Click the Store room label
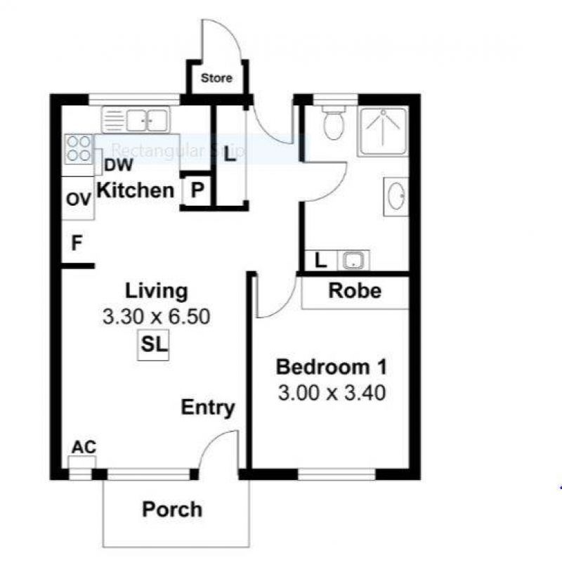[x=216, y=78]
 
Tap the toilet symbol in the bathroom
[x=334, y=124]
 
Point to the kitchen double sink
[x=136, y=119]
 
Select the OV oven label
[x=79, y=200]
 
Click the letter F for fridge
[x=77, y=244]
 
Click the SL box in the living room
[x=153, y=346]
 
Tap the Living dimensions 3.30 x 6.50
[x=156, y=317]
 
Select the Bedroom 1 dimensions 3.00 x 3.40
[x=332, y=393]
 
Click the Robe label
[x=355, y=290]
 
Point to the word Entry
[x=208, y=408]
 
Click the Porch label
[x=172, y=509]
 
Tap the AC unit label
[x=84, y=448]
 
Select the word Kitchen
[x=135, y=190]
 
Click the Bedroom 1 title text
[x=331, y=367]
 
